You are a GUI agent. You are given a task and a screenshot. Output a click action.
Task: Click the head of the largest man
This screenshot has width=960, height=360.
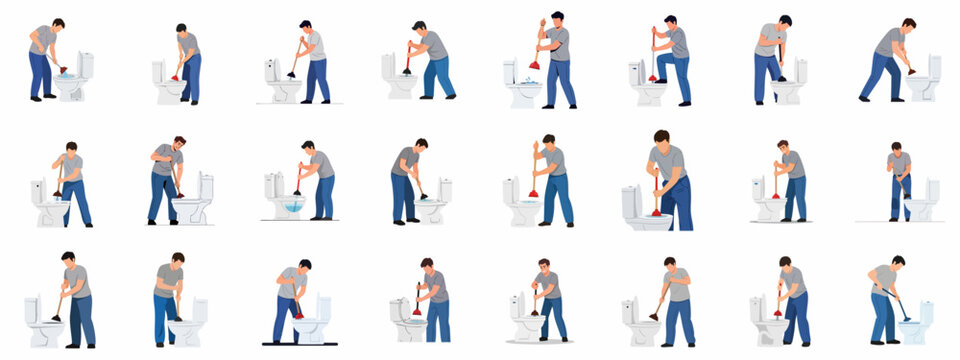661,137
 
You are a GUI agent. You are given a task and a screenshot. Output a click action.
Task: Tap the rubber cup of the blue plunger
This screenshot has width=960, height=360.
906,318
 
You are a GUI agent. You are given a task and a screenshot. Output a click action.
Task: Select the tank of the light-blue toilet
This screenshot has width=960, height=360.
926,312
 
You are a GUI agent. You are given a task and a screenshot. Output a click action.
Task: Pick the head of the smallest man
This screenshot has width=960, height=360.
896,147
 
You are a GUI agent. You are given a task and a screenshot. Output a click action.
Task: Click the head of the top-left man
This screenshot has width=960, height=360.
58,24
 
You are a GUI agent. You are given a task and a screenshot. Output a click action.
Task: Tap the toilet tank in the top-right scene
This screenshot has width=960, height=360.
934,66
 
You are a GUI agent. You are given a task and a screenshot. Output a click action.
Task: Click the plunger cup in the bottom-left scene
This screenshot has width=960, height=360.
56,318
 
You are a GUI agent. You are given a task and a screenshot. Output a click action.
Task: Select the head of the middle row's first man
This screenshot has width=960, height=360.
71,147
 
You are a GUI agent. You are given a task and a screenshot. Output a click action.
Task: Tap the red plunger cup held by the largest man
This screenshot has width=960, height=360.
656,211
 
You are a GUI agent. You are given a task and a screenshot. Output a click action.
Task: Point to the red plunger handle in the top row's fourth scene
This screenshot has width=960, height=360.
408,54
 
